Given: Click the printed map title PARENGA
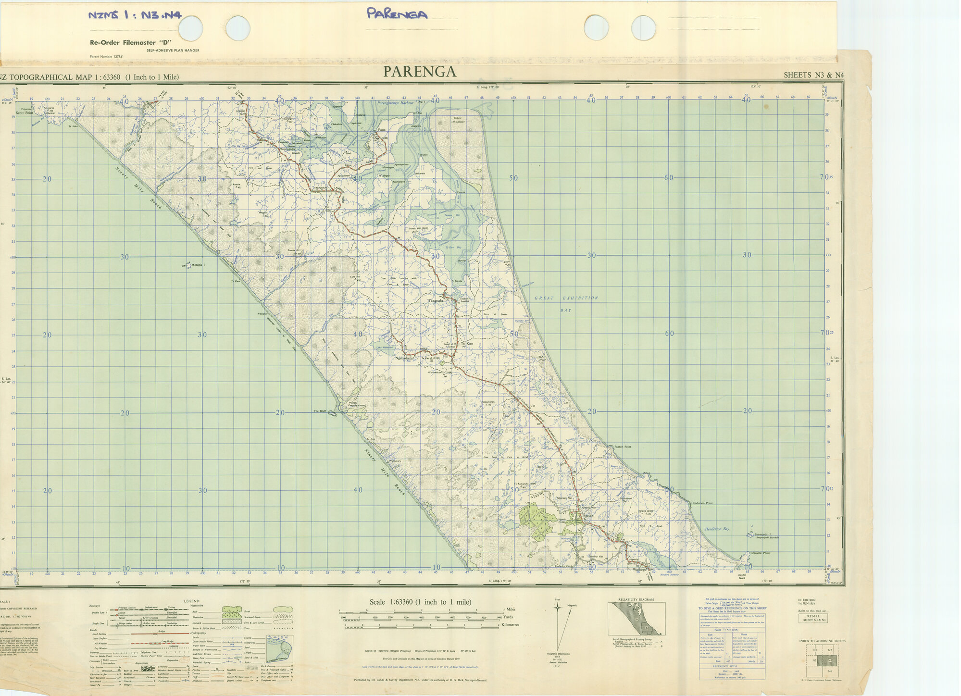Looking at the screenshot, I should click(419, 72).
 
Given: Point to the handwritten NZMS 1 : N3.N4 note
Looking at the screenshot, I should click(135, 15).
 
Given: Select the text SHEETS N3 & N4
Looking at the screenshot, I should click(813, 75).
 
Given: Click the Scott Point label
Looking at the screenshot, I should click(25, 113).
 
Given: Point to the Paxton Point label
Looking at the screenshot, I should click(623, 447).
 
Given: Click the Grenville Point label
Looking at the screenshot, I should click(760, 553).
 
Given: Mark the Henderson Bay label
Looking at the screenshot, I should click(717, 529).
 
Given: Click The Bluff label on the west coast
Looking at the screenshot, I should click(320, 411).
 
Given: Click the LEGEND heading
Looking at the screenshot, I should click(191, 601).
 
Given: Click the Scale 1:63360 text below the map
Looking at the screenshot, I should click(420, 602).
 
